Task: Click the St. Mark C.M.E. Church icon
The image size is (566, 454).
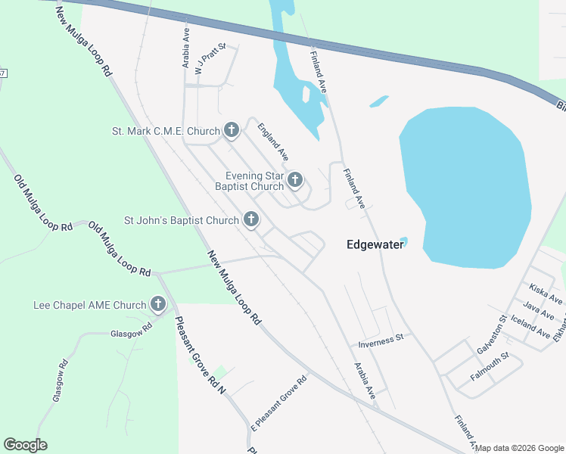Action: coord(232,131)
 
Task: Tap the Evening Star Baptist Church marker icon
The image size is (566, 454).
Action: coord(295,180)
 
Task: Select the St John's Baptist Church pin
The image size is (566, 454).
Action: coord(251,220)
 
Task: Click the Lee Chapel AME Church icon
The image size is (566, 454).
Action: coord(158,305)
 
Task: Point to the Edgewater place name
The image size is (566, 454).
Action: coord(372,244)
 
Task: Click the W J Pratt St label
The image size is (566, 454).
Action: coord(211,58)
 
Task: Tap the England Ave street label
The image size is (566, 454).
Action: coord(273,141)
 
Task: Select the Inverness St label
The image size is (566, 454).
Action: coord(382,342)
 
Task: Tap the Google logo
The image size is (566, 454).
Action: coord(25,445)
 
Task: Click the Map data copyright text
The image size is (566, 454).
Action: coord(519,448)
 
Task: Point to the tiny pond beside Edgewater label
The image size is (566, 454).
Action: coord(404,242)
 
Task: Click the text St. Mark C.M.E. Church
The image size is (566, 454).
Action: coord(166,131)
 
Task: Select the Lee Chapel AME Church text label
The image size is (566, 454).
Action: coord(89,305)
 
